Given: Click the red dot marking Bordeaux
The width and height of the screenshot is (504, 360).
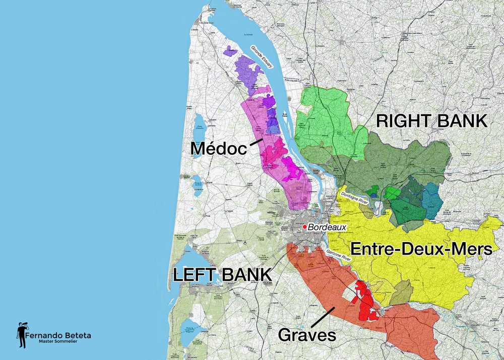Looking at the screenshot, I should coord(304,227).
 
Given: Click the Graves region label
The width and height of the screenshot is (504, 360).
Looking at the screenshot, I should coord(306,334).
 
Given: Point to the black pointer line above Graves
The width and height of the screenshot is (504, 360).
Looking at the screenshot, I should coord(323,316).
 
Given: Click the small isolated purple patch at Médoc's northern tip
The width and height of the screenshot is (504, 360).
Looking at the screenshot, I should coord(230,50).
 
